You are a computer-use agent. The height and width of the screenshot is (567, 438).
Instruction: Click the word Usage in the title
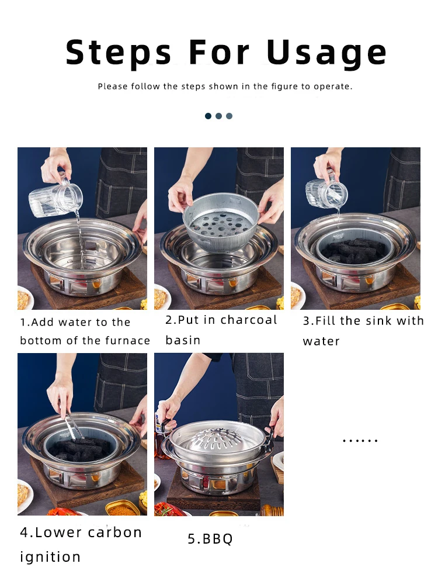pyautogui.click(x=326, y=53)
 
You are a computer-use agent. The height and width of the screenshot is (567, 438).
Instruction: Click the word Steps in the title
pyautogui.click(x=119, y=53)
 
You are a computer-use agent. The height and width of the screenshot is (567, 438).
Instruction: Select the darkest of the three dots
pyautogui.click(x=208, y=116)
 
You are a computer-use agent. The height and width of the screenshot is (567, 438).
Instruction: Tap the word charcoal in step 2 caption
pyautogui.click(x=249, y=320)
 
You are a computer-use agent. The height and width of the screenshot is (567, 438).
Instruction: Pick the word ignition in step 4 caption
pyautogui.click(x=50, y=557)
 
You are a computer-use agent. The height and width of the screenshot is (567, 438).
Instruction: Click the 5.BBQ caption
pyautogui.click(x=210, y=539)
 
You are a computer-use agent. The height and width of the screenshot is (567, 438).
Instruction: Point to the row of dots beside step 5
pyautogui.click(x=360, y=440)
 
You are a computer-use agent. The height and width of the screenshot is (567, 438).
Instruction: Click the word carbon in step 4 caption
pyautogui.click(x=114, y=533)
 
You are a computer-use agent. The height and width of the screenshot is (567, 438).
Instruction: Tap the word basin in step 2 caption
pyautogui.click(x=183, y=340)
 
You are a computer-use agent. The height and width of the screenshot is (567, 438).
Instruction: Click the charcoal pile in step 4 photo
pyautogui.click(x=80, y=449)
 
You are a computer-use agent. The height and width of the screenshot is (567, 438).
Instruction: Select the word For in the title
pyautogui.click(x=219, y=53)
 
